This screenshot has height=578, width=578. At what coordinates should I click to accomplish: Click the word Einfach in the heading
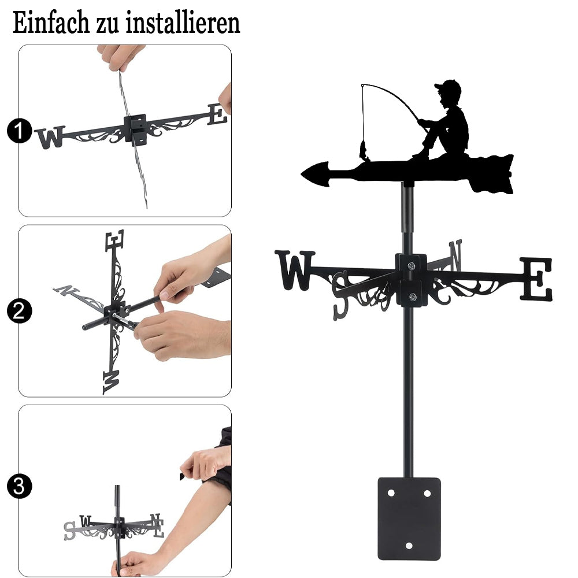pyautogui.click(x=51, y=23)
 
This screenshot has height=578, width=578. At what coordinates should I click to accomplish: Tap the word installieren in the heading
pyautogui.click(x=183, y=23)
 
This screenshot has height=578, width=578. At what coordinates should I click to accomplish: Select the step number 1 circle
pyautogui.click(x=19, y=131)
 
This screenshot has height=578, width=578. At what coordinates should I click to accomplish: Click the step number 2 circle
pyautogui.click(x=19, y=311)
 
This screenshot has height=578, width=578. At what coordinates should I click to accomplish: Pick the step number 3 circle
pyautogui.click(x=19, y=486)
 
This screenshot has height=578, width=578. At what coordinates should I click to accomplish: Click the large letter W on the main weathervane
pyautogui.click(x=295, y=270)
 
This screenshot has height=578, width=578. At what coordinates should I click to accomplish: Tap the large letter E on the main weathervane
pyautogui.click(x=536, y=279)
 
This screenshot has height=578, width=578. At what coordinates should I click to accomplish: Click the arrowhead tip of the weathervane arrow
pyautogui.click(x=302, y=173)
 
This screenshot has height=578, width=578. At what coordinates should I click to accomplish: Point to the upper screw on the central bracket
pyautogui.click(x=412, y=265)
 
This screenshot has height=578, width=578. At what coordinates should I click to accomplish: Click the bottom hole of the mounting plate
pyautogui.click(x=409, y=546)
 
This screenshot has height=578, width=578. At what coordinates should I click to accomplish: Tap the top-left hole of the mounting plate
pyautogui.click(x=391, y=493)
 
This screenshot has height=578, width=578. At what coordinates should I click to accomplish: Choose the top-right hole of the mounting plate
pyautogui.click(x=427, y=493)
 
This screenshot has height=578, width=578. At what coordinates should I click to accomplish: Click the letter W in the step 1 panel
pyautogui.click(x=50, y=137)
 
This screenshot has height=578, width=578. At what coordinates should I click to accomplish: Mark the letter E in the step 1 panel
pyautogui.click(x=217, y=114)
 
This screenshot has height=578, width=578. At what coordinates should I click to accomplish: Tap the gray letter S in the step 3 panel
pyautogui.click(x=69, y=531)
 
